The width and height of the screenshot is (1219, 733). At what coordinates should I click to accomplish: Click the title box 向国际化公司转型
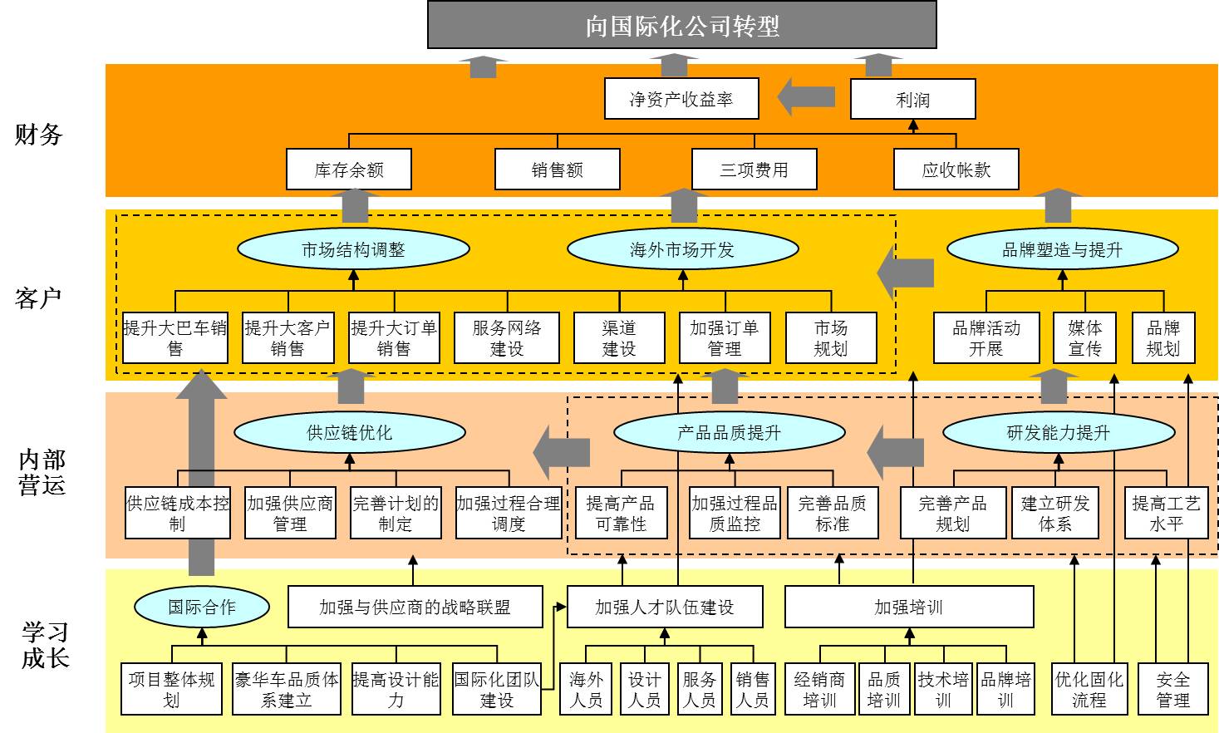pos(681,25)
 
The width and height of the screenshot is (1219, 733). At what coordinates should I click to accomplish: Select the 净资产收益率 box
pos(681,100)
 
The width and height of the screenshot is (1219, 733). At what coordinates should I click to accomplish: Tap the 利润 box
pos(912,100)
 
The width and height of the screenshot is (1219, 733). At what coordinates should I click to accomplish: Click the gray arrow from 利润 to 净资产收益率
pos(806,97)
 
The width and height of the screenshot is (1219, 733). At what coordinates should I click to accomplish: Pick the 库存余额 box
pos(349,170)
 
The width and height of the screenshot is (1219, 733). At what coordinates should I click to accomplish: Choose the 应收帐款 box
pos(956,170)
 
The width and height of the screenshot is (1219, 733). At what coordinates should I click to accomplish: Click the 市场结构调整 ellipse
pos(353,249)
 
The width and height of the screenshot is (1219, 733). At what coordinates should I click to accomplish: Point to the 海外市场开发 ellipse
pos(682,249)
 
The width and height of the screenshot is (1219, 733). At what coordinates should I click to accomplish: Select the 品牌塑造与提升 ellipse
pos(1062,249)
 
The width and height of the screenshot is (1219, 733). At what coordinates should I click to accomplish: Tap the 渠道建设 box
pos(619,338)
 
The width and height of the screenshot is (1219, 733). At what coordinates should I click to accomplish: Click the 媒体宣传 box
pos(1084,338)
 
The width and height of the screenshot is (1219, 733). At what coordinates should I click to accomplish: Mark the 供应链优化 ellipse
pos(349,432)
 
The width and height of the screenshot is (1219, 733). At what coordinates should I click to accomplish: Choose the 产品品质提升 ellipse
pos(729,432)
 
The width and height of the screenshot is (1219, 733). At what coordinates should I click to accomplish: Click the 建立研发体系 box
pos(1055,514)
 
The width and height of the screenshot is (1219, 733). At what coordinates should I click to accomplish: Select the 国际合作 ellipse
pos(202,607)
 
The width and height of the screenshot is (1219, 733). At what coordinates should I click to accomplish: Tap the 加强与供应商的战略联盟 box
pos(415,608)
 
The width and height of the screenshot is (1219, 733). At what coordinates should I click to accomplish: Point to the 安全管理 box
pos(1172,690)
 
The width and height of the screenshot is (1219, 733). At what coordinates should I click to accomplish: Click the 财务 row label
pos(39,135)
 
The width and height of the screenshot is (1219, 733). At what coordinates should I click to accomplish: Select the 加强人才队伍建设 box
pos(664,608)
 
